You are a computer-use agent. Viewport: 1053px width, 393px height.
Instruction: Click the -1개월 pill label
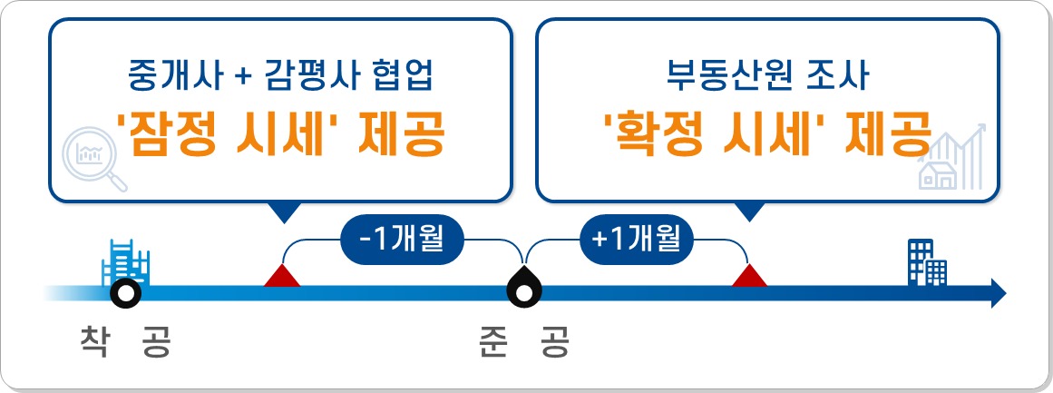click(x=403, y=241)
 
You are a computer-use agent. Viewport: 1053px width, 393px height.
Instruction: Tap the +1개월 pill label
click(x=636, y=241)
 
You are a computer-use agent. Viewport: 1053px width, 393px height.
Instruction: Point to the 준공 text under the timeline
click(x=523, y=343)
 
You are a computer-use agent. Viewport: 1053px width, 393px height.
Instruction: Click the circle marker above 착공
click(x=123, y=293)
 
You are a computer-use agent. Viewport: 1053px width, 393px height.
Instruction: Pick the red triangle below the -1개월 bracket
click(x=282, y=277)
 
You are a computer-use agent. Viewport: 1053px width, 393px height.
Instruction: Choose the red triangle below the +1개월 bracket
click(x=750, y=277)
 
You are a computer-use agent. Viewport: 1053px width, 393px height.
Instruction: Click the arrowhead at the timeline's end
click(x=999, y=293)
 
